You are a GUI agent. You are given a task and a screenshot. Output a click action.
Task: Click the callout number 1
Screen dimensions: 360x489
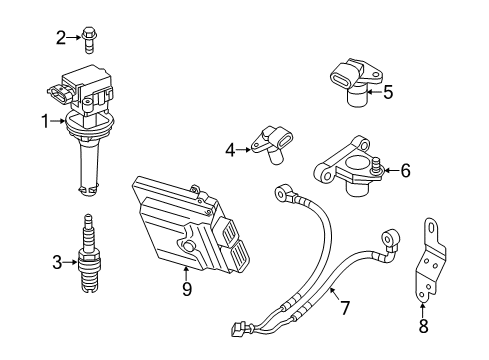(x=44, y=122)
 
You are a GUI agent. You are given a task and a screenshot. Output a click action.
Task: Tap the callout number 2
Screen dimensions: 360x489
(x=61, y=38)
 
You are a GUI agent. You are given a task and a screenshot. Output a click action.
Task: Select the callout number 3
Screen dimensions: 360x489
(x=56, y=263)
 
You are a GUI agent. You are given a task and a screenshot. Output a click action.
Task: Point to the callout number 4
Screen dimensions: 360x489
(x=230, y=151)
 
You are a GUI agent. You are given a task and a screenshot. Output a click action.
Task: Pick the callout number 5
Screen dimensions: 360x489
(x=387, y=93)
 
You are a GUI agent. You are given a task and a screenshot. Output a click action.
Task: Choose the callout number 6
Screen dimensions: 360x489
(x=405, y=171)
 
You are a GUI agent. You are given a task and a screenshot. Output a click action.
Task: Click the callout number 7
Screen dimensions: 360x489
(x=344, y=307)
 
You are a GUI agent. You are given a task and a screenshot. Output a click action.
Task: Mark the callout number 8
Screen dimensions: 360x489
(x=423, y=327)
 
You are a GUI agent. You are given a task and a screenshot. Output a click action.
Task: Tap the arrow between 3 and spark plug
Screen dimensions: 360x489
(x=69, y=263)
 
